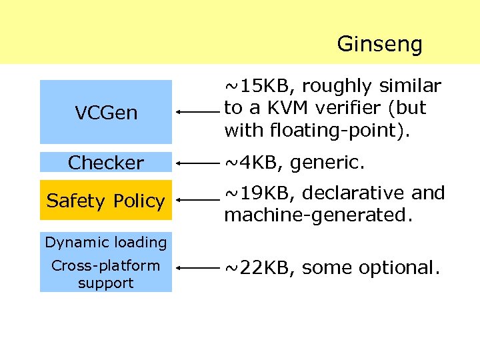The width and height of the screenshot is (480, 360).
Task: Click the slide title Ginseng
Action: coord(379,44)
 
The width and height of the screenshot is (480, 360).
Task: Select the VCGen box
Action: coord(106,112)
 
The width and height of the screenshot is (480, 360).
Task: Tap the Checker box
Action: coord(106,162)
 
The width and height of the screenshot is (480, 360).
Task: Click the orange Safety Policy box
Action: coord(106,200)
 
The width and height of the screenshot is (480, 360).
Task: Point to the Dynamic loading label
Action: coord(106,242)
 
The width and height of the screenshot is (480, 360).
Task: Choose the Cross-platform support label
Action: coord(106,274)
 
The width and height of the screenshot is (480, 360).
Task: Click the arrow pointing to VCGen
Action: coord(198,113)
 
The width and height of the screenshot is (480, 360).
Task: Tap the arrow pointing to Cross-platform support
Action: coord(198,268)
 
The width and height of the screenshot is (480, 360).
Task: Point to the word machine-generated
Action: coord(305,215)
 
